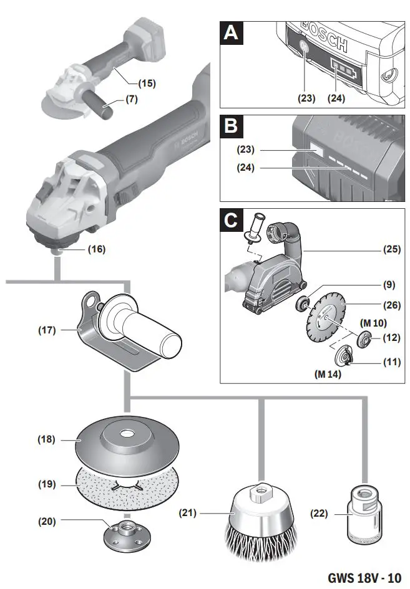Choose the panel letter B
coord(231,127)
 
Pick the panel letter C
coord(231,221)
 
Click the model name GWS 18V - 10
coord(364,577)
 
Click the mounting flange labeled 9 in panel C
coord(305,306)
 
